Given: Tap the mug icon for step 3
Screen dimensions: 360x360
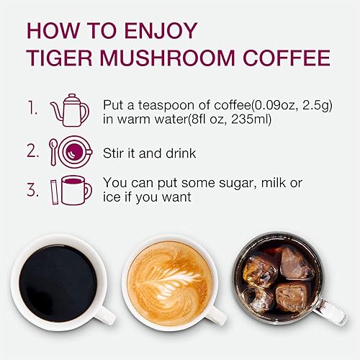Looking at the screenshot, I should pos(74,189).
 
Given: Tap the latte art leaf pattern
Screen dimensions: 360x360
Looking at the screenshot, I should pos(168,277).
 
